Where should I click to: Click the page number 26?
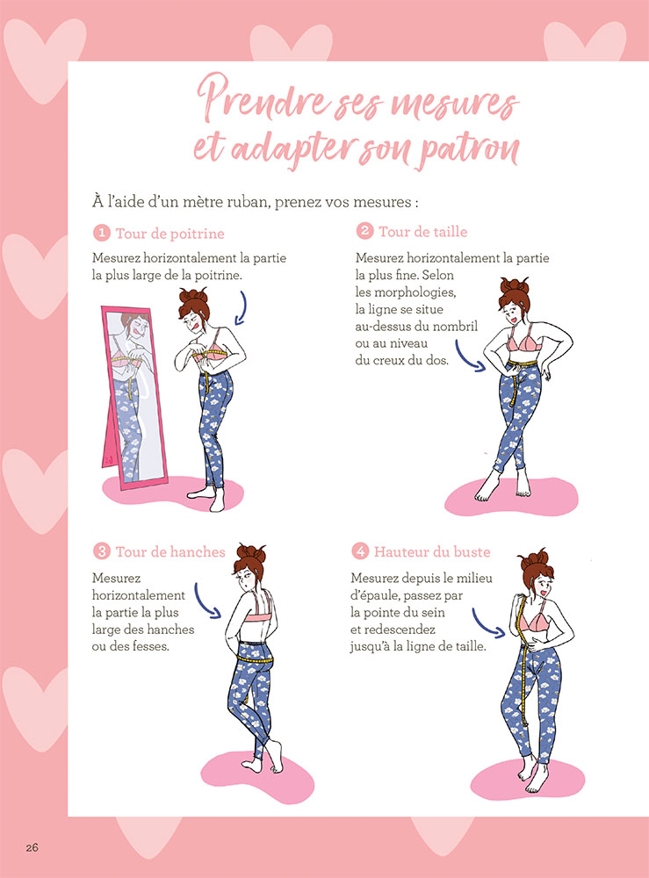[32, 847]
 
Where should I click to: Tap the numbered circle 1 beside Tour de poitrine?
[102, 234]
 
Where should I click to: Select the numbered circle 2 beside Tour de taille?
[364, 232]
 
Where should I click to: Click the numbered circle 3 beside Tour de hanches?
[102, 551]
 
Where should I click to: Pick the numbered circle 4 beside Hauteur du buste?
[360, 551]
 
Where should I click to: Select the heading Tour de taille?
[422, 232]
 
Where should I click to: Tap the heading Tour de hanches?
[169, 551]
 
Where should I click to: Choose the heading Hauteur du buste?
[432, 551]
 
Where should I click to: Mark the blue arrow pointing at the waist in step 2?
[473, 362]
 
